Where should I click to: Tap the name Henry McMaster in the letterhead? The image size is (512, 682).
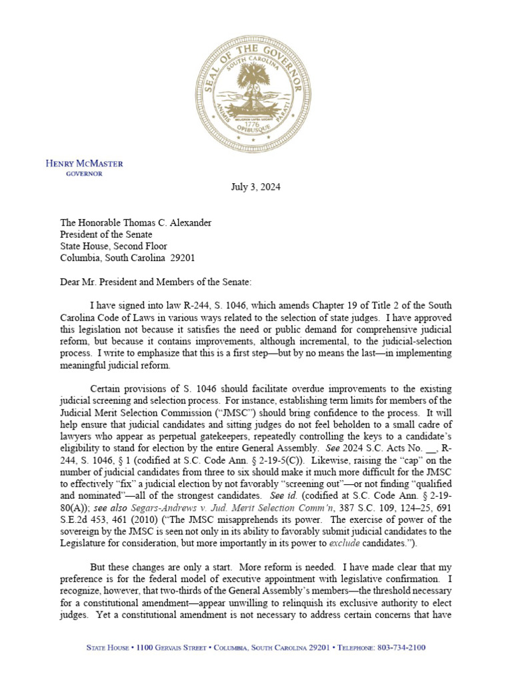coord(84,164)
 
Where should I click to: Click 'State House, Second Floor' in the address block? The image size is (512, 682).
coord(114,246)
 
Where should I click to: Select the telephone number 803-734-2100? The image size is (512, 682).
coord(402,647)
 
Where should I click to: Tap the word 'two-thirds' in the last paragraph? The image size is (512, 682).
coord(182,603)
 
